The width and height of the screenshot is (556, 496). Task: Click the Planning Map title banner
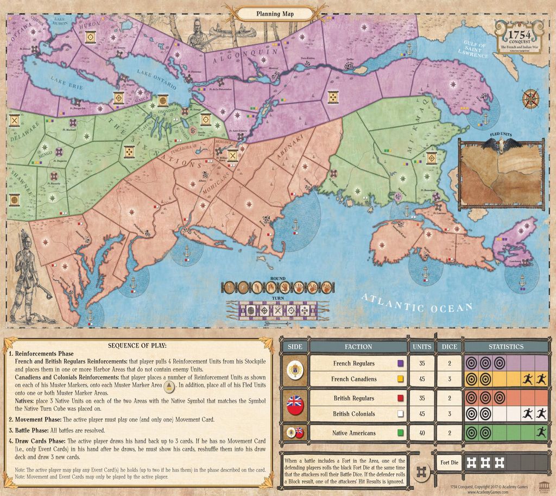276,13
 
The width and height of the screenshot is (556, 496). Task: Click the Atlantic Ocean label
417,302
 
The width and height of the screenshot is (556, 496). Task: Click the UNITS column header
422,346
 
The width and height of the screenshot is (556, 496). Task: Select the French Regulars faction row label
353,363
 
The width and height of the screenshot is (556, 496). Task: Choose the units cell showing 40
422,433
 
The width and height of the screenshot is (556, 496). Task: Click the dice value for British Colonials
446,414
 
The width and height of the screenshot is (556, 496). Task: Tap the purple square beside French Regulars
400,363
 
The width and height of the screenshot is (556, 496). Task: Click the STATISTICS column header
506,346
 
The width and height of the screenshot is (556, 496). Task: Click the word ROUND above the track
277,278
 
